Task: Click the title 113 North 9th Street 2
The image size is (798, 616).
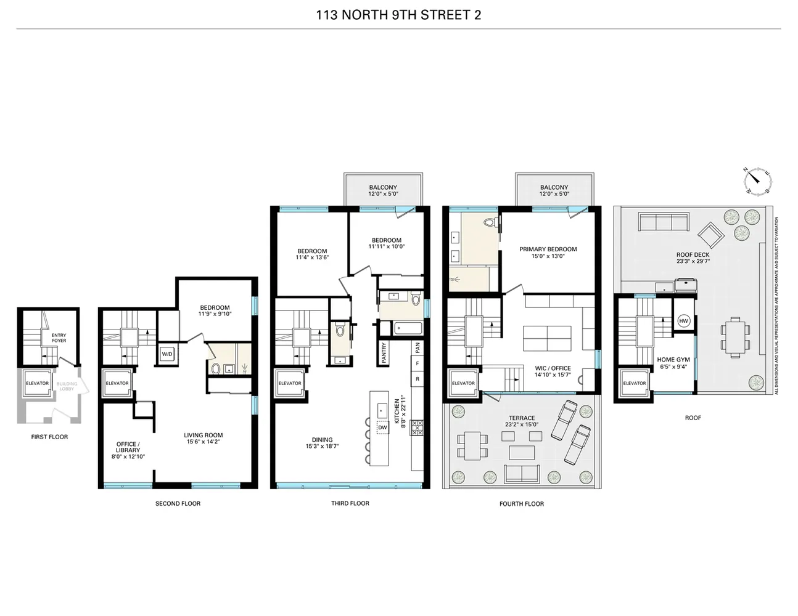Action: coord(398,15)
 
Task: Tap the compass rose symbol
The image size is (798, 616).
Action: coord(757,180)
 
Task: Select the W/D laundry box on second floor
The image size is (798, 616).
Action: coord(167,354)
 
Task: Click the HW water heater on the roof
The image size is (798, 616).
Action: coord(683,321)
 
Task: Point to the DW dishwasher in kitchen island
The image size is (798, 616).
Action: coord(382,427)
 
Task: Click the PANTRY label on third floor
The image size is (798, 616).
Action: coord(384,354)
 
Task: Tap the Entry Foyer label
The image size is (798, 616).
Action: coord(59,338)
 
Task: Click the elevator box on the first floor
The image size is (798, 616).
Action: coord(37,384)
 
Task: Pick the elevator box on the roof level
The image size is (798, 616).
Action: coord(634,384)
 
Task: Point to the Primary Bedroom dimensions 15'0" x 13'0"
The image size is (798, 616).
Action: coord(548,256)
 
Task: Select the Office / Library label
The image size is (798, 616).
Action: coord(128,447)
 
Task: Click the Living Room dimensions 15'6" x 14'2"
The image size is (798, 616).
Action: coord(203,442)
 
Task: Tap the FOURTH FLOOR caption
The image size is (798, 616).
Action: coord(521,504)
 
